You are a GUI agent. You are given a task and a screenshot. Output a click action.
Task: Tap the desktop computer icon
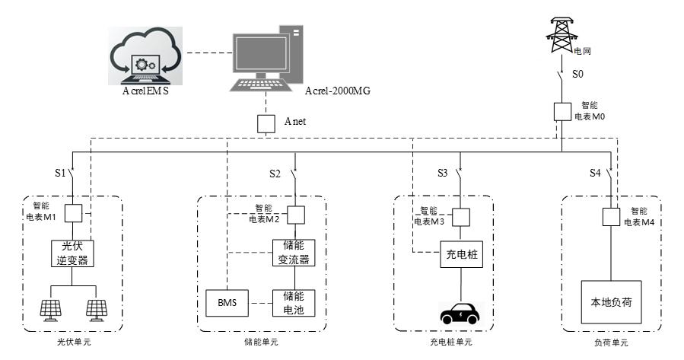[262, 57]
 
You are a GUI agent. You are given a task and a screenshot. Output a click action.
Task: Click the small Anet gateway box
[265, 123]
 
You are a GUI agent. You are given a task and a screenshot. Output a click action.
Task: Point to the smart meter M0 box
[562, 110]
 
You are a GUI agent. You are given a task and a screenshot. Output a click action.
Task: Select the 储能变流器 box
[294, 253]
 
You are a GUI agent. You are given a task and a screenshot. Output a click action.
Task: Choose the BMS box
[227, 304]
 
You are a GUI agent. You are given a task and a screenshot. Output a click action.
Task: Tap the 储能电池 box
[294, 303]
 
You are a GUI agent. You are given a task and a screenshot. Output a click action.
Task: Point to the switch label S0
[577, 75]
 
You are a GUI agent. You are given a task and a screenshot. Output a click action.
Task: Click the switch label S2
[275, 174]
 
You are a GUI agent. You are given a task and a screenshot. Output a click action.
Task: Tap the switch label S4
[595, 174]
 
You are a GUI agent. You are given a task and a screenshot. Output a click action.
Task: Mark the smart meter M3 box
[459, 217]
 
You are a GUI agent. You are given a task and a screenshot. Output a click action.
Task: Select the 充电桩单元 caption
[450, 342]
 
